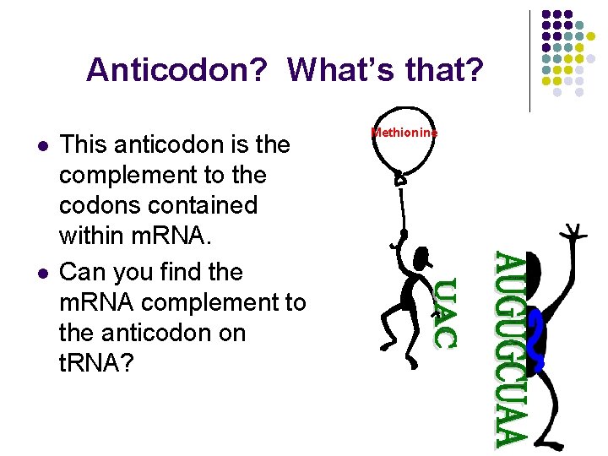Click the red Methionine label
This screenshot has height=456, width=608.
coord(404,133)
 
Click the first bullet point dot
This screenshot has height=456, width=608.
coord(41,146)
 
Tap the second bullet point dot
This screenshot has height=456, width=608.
coord(41,274)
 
